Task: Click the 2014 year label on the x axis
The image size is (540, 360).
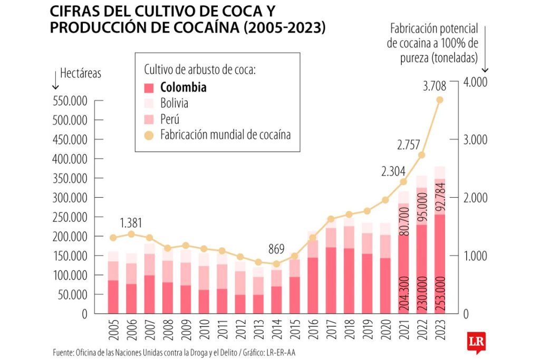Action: click(276, 330)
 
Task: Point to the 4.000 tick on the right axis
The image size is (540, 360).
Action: click(476, 82)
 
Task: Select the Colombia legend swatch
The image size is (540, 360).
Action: click(149, 88)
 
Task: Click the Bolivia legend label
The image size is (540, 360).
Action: click(174, 103)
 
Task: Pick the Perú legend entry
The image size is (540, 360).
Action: click(170, 119)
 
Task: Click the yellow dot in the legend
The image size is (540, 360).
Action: click(149, 135)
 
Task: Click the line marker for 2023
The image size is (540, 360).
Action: click(440, 100)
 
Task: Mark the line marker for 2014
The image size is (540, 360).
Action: click(276, 264)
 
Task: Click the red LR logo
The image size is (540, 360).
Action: click(475, 342)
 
